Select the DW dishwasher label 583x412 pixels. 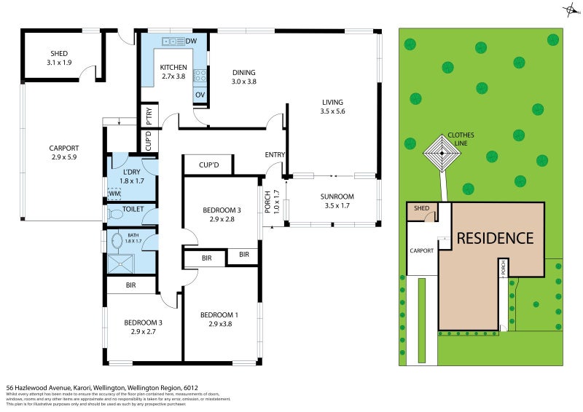tap(192, 41)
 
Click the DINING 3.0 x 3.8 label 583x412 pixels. tap(244, 76)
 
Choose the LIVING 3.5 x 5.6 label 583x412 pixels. tap(332, 106)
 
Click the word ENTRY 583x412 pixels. tap(275, 154)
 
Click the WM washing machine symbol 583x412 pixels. tap(114, 194)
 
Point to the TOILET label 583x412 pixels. tap(133, 210)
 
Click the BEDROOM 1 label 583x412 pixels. tap(219, 319)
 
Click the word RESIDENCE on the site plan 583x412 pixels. tap(495, 238)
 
